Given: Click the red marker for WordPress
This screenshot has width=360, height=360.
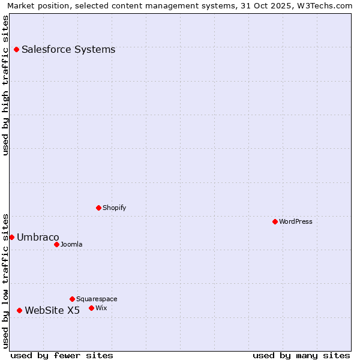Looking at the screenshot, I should tap(275, 221).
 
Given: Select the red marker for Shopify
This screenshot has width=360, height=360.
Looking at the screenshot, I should tap(99, 208).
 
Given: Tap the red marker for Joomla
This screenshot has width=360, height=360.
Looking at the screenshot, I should tap(57, 244).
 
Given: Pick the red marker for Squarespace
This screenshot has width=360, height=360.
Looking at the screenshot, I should tap(73, 299).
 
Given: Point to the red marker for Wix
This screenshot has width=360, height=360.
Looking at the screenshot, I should tap(92, 308).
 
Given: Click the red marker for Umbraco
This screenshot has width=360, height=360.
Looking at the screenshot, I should tap(11, 237).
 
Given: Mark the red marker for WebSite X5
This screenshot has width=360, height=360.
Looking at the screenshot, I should tap(20, 310).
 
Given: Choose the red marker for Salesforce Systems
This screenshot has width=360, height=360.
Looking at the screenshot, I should tap(17, 49).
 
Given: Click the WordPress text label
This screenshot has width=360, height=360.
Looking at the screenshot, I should tap(296, 221).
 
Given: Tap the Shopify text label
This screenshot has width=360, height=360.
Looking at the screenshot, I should tap(114, 208).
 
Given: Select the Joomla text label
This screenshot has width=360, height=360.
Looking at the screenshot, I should tap(71, 244).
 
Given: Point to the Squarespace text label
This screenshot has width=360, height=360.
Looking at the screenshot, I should tap(97, 299).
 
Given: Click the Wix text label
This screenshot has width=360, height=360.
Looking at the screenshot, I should tap(101, 308).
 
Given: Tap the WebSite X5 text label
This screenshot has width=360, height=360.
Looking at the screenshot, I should tap(52, 310).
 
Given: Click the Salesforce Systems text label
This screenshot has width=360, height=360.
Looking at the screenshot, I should tap(68, 49).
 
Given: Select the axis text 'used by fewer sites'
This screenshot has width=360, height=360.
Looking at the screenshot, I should tap(62, 355).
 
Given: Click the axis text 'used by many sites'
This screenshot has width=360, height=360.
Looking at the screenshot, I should tap(301, 355).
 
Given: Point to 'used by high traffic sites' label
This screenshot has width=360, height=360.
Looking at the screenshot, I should tap(6, 85).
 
